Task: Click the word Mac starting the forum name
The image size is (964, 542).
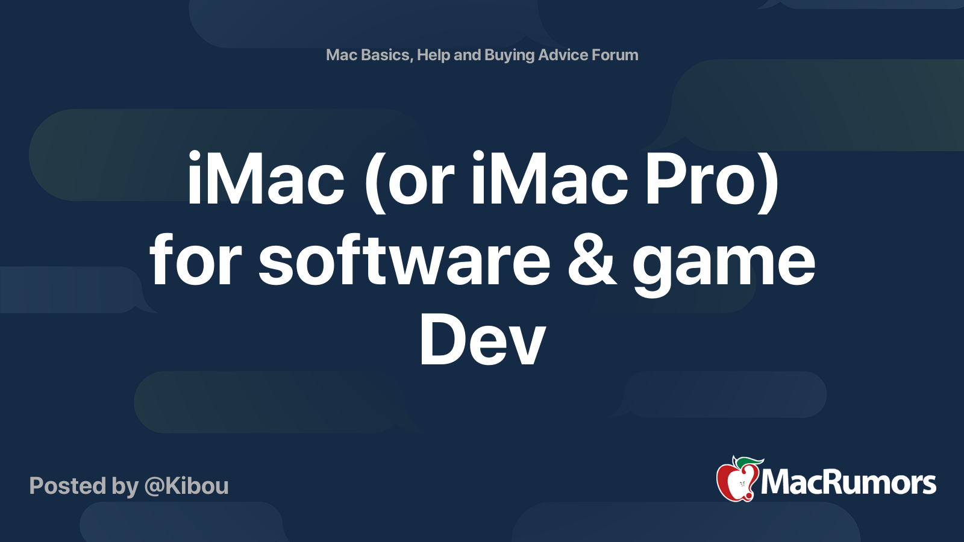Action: click(341, 55)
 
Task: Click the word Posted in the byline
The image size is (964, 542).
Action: click(68, 486)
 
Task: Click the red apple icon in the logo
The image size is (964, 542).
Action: click(739, 479)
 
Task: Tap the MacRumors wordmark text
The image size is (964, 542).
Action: click(848, 483)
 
